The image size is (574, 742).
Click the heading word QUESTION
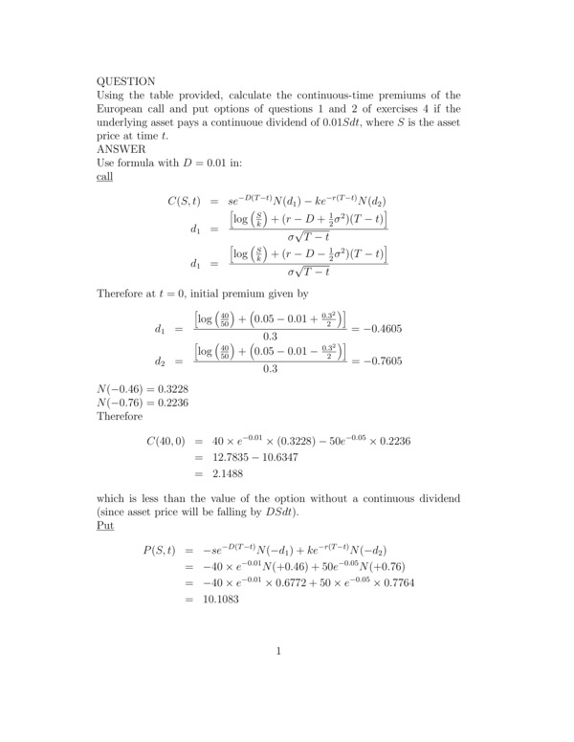click(x=126, y=81)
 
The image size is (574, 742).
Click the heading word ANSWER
click(x=120, y=149)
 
